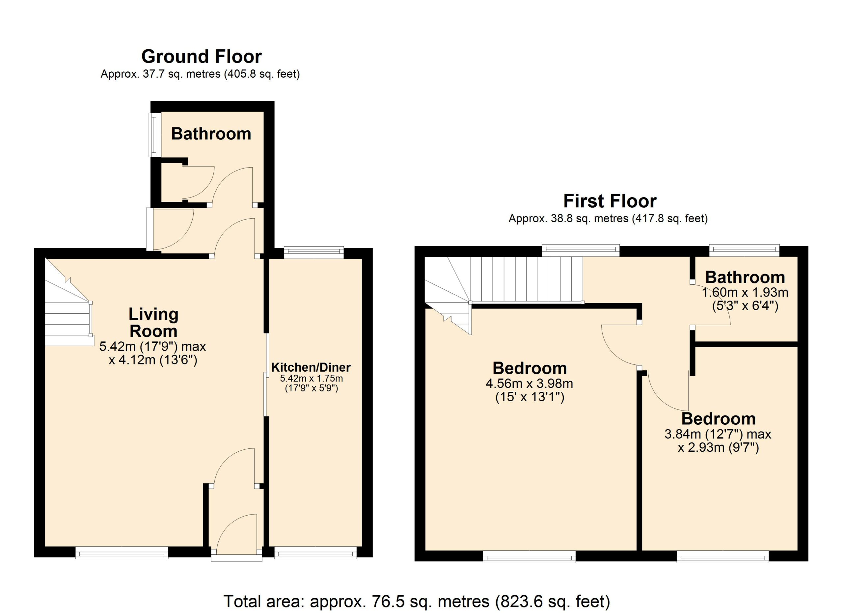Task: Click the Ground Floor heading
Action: [202, 57]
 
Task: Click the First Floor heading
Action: [610, 201]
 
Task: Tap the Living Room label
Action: [153, 323]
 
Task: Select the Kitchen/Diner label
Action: [311, 367]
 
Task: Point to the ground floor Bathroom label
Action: [211, 134]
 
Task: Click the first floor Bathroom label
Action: [745, 277]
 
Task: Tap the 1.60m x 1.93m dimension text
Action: [745, 292]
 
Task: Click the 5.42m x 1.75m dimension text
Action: [311, 379]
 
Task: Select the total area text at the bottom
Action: [417, 601]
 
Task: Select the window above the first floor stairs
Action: [581, 251]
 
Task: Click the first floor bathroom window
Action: [744, 251]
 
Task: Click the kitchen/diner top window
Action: [314, 253]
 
